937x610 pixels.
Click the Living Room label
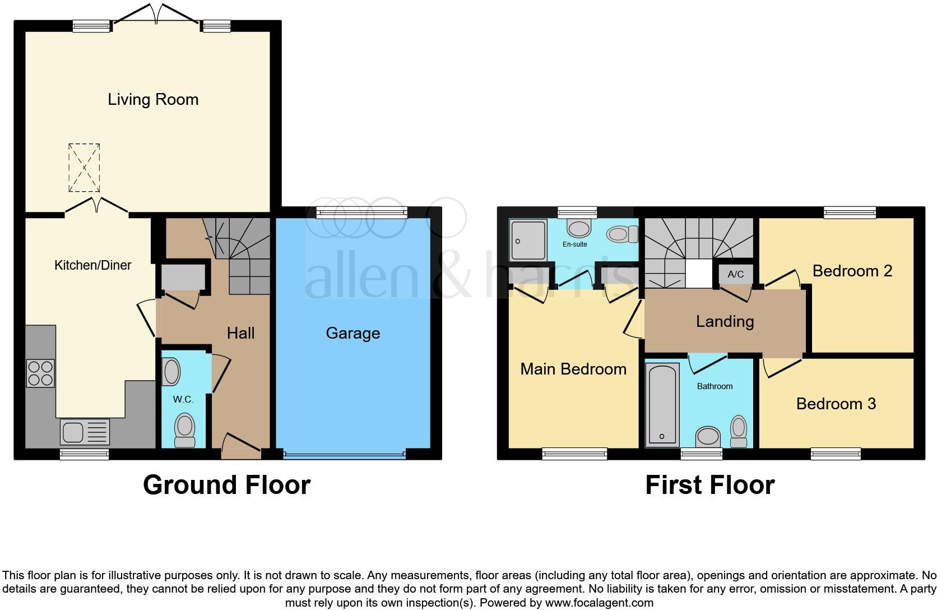click(153, 100)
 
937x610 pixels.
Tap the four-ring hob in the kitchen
click(41, 373)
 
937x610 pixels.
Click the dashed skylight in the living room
click(84, 167)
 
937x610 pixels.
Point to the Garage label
click(352, 334)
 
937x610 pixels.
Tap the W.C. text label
click(183, 400)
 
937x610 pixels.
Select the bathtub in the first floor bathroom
click(662, 404)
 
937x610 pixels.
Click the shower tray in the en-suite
click(527, 240)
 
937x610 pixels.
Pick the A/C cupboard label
click(735, 274)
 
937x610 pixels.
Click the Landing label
click(725, 321)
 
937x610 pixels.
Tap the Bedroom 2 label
click(852, 271)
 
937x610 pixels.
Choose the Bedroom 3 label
click(836, 404)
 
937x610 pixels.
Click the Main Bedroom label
click(573, 369)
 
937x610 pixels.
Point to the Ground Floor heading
click(226, 485)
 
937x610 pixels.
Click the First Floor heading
click(709, 485)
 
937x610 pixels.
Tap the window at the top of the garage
click(361, 211)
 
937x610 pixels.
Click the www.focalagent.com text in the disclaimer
click(599, 603)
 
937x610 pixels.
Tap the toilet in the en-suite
click(623, 234)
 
